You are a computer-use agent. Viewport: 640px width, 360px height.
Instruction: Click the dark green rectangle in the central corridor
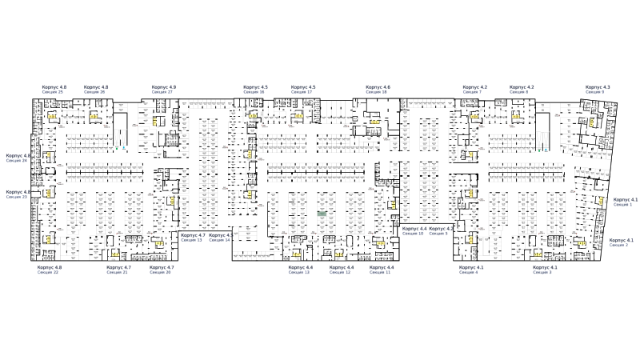tap(321, 214)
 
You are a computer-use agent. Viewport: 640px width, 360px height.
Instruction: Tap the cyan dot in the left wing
tap(124, 147)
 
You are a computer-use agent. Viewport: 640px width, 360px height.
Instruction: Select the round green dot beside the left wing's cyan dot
tap(118, 150)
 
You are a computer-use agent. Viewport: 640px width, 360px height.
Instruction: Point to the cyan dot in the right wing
tap(546, 149)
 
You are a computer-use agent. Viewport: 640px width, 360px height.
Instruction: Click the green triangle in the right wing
tap(540, 150)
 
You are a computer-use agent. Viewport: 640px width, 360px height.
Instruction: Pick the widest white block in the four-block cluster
tap(378, 106)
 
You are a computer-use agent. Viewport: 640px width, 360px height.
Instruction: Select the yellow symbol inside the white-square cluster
tap(374, 122)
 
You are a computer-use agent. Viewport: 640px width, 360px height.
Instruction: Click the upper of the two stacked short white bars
tap(243, 221)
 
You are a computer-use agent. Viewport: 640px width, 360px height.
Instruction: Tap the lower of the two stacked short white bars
tap(253, 246)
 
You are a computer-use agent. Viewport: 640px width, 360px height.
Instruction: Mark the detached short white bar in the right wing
tap(588, 163)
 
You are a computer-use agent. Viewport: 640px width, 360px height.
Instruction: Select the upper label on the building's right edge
tap(624, 202)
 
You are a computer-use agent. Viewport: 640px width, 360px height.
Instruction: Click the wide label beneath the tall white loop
tap(426, 230)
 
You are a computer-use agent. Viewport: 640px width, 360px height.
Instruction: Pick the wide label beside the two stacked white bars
tap(206, 237)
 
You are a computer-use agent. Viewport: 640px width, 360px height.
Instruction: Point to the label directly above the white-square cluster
tap(378, 88)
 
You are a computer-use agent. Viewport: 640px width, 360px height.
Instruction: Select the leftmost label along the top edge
tap(54, 88)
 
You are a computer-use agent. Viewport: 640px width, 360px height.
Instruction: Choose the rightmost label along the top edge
tap(598, 88)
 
